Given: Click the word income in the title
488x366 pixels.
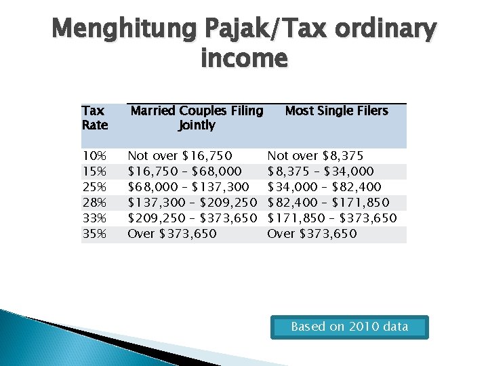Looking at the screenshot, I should [244, 59].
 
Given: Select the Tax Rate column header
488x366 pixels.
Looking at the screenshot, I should [95, 118].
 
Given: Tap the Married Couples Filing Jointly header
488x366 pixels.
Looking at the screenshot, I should [197, 118].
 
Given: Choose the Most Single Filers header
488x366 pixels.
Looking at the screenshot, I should [337, 110].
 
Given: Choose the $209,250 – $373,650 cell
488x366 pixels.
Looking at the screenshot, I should [192, 218].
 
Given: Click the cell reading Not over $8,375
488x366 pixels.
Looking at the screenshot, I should [315, 156].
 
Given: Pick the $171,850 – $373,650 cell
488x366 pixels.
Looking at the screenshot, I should [332, 218].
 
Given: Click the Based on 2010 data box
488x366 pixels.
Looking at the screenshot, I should [350, 327].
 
